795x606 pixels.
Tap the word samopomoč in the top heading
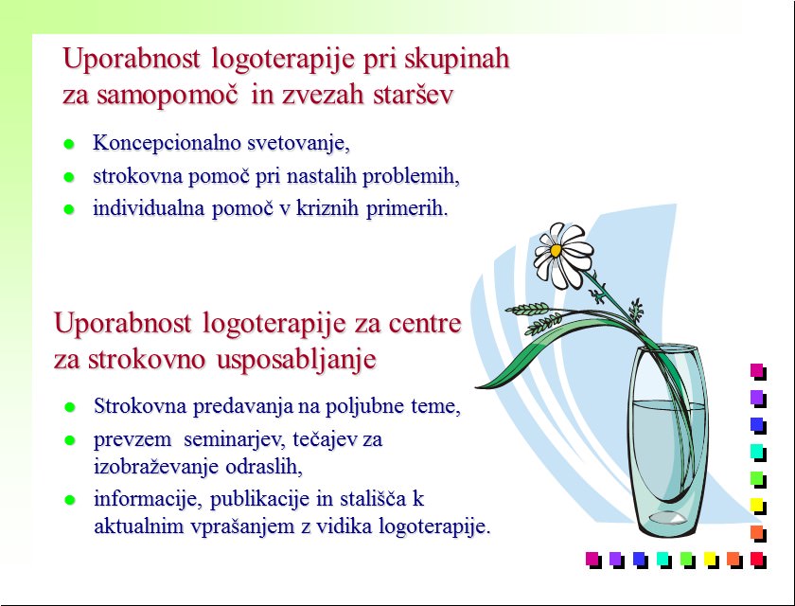[168, 95]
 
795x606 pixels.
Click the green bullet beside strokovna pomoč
[69, 177]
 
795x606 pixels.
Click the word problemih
[411, 176]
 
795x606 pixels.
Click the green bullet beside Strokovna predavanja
[70, 407]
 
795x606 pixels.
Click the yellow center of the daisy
[556, 251]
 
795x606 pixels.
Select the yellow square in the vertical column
[758, 507]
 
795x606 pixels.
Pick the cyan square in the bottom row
[664, 560]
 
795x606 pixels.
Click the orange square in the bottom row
[734, 560]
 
